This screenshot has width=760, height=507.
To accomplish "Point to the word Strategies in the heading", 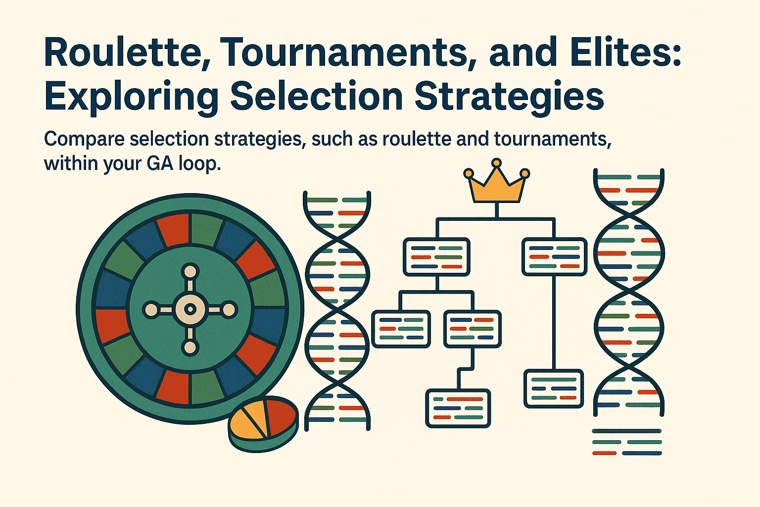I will (x=509, y=97).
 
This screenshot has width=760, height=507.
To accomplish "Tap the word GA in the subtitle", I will (x=159, y=163).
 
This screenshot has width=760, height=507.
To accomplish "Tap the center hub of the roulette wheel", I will (x=190, y=310).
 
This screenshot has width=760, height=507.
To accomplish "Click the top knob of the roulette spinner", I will (x=190, y=271).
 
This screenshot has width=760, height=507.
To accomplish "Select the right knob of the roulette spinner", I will (x=229, y=310).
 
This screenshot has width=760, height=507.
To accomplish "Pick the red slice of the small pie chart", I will (x=280, y=415).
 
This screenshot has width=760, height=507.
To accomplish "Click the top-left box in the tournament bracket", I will (x=436, y=257).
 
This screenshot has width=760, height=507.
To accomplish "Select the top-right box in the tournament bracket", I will (x=554, y=257).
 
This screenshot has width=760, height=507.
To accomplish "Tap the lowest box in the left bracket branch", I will (x=458, y=408).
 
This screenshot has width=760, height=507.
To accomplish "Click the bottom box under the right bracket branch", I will (x=554, y=389).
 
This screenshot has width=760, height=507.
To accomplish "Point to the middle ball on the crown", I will (x=496, y=163).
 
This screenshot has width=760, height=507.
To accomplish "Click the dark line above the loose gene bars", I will (x=627, y=431).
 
